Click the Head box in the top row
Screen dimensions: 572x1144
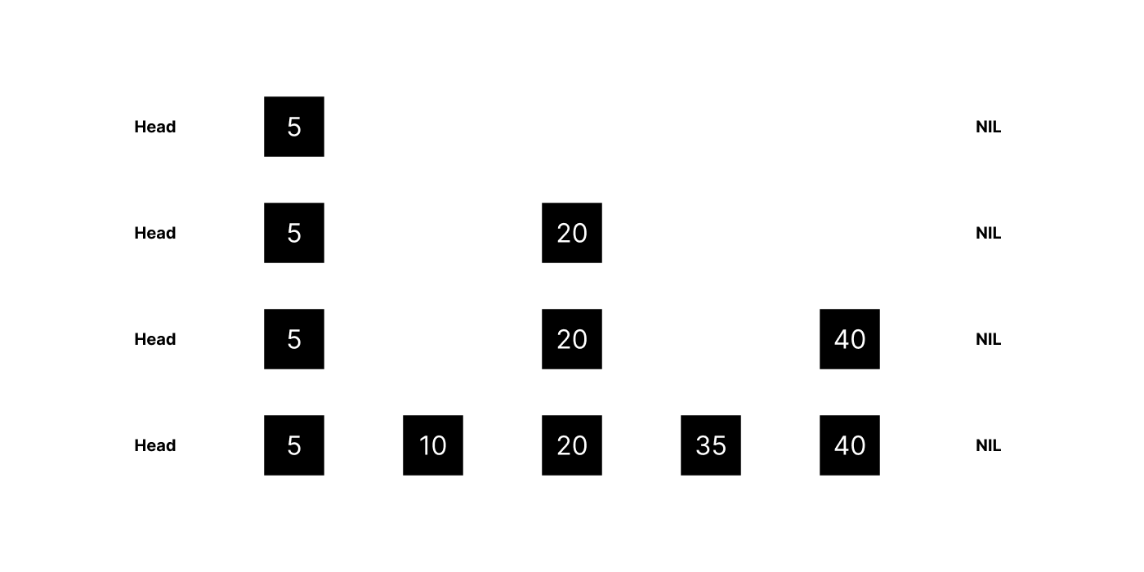click(x=155, y=127)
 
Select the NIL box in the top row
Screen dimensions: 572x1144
click(x=988, y=127)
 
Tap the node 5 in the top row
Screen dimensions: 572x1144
click(x=294, y=127)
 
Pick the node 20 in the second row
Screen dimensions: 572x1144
click(x=572, y=233)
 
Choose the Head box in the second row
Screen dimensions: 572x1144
click(x=155, y=233)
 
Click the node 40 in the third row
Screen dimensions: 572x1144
click(x=850, y=339)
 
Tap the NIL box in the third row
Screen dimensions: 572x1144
click(x=988, y=339)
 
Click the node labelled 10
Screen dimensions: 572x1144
click(x=433, y=445)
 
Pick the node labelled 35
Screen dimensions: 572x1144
click(x=711, y=445)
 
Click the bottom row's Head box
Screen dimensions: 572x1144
click(x=155, y=445)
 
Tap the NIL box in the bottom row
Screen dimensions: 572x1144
click(x=988, y=445)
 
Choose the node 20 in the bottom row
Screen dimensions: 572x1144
click(x=572, y=445)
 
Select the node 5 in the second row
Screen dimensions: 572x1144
click(x=294, y=233)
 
